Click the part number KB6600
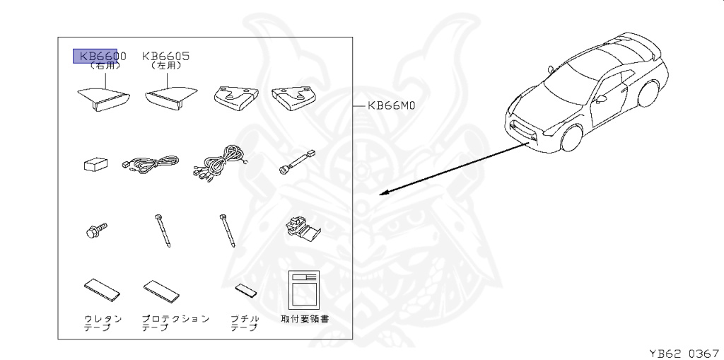pyautogui.click(x=103, y=56)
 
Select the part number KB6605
pyautogui.click(x=166, y=56)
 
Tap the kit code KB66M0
pyautogui.click(x=390, y=106)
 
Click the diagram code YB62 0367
pyautogui.click(x=684, y=351)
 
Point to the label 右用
pyautogui.click(x=105, y=66)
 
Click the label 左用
pyautogui.click(x=167, y=66)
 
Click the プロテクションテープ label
pyautogui.click(x=175, y=323)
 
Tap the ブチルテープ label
pyautogui.click(x=245, y=323)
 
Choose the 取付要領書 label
pyautogui.click(x=305, y=319)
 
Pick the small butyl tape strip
pyautogui.click(x=246, y=291)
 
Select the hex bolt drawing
pyautogui.click(x=95, y=230)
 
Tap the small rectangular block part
pyautogui.click(x=93, y=166)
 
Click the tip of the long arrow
pyautogui.click(x=380, y=194)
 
